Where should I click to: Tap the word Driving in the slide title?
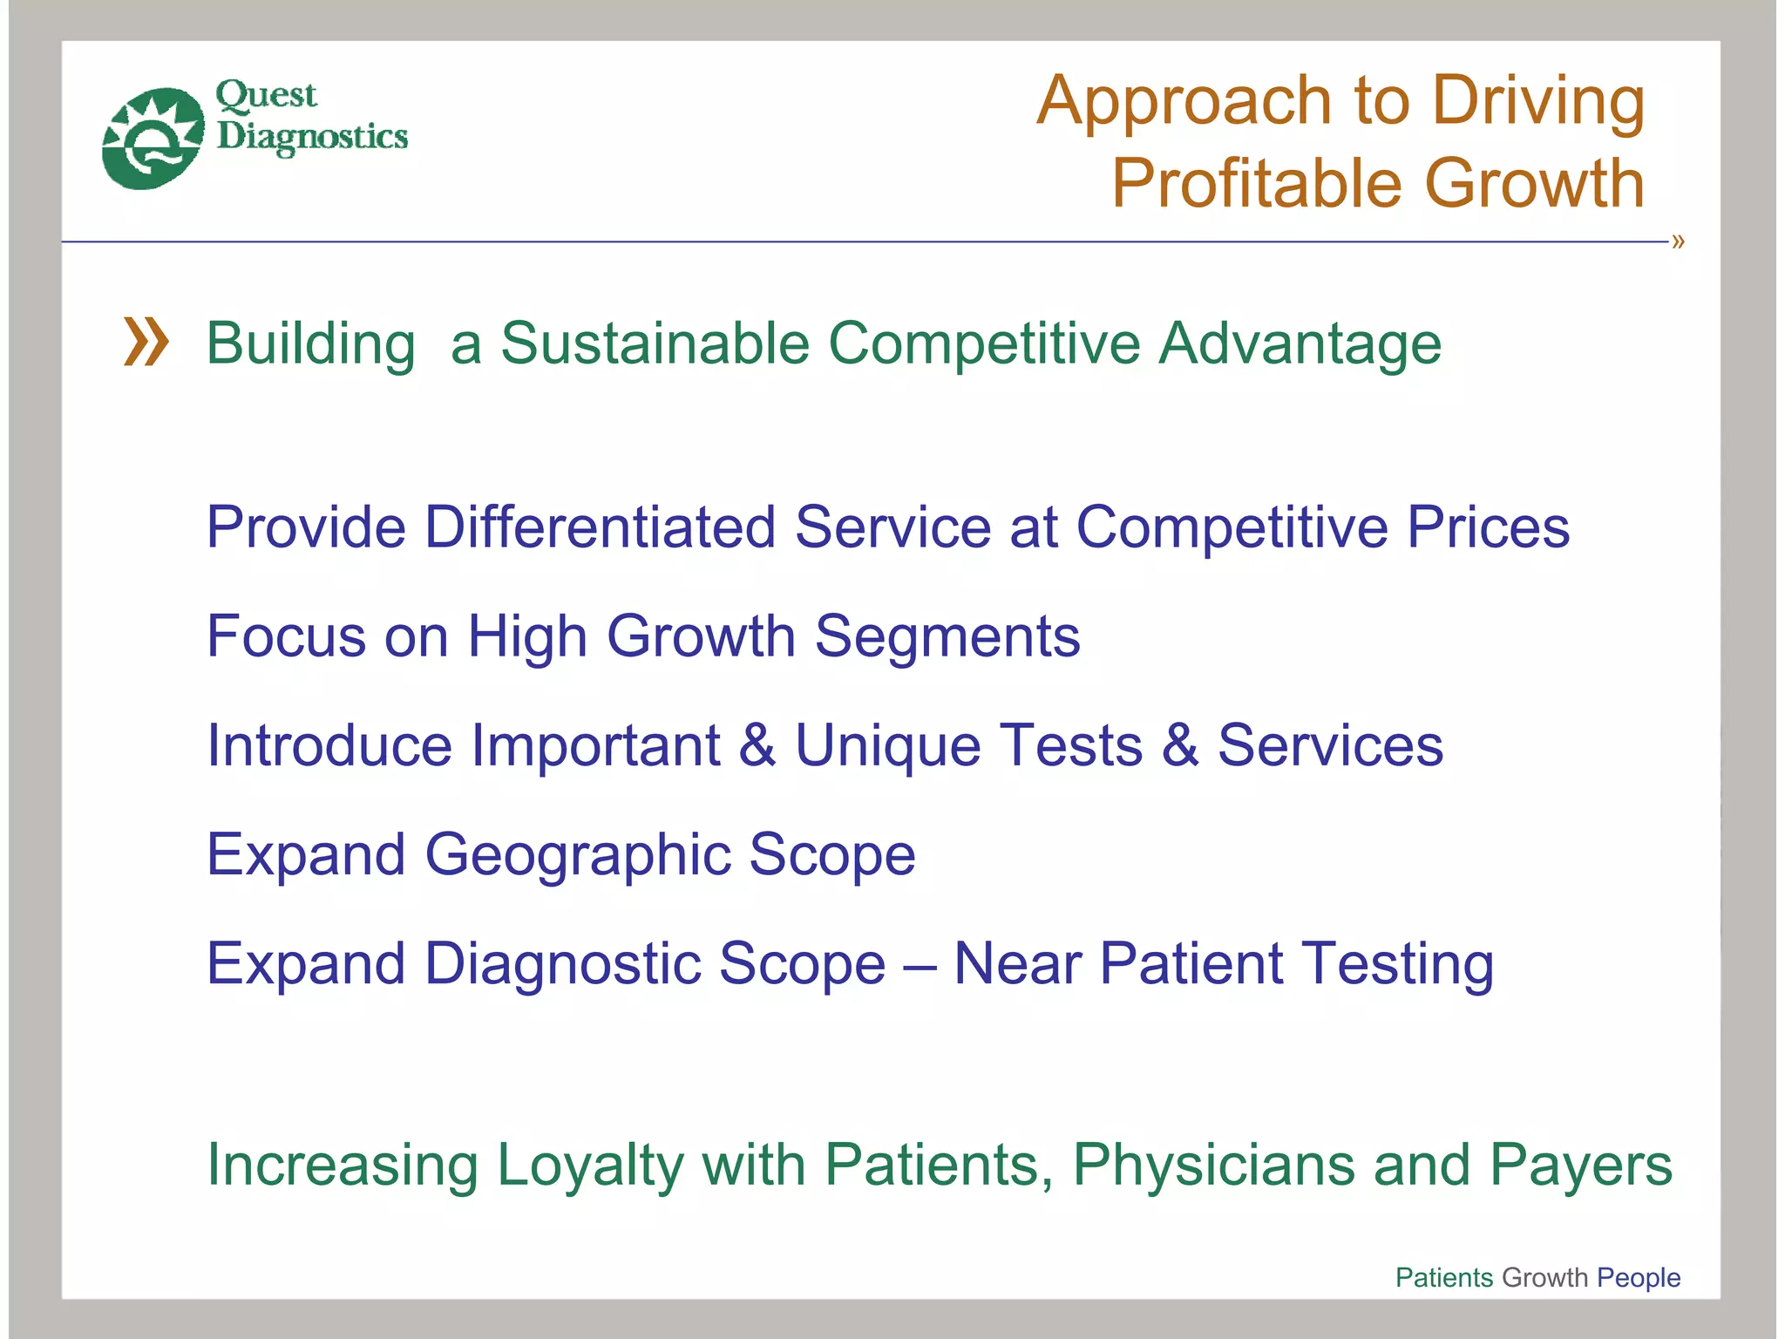pos(1538,102)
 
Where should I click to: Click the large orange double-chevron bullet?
pos(146,342)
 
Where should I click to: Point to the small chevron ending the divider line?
pos(1678,241)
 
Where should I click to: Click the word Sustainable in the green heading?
pos(655,343)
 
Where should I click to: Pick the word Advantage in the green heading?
pos(1300,343)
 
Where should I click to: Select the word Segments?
pos(947,636)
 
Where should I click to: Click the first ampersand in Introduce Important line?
pos(757,745)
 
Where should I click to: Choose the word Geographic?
pos(577,855)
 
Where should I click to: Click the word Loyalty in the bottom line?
pos(589,1166)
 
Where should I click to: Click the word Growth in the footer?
pos(1545,1277)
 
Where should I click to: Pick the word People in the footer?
pos(1639,1277)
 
